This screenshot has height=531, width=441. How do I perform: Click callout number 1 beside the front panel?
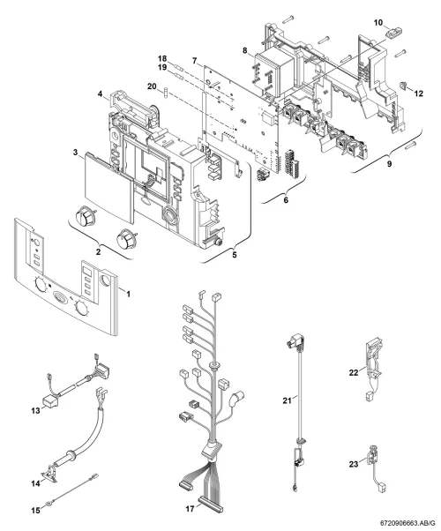[128, 294]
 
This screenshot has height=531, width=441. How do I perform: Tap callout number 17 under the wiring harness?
[190, 509]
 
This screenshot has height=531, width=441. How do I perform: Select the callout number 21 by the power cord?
[287, 400]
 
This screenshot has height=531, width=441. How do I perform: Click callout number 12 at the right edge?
[419, 93]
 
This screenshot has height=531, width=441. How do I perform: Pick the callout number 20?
[152, 86]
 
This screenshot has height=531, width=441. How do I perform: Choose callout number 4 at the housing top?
[101, 93]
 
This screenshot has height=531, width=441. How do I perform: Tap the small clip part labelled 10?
[394, 34]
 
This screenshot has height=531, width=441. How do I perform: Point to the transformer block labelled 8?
[274, 74]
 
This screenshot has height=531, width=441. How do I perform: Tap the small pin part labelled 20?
[166, 93]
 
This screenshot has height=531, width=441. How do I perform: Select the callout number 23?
[354, 464]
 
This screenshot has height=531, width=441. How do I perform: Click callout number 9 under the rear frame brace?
[390, 164]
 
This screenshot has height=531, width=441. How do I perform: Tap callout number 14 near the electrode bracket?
[35, 483]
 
